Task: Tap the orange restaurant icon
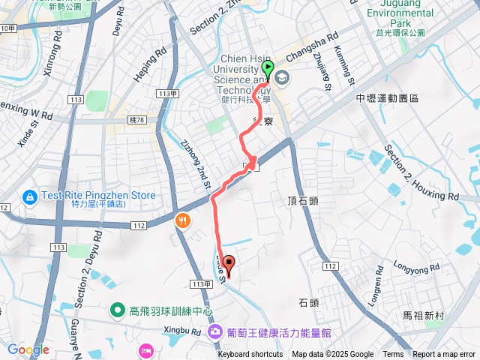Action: (x=183, y=220)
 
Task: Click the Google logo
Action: (x=28, y=349)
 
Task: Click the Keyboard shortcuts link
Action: (x=250, y=355)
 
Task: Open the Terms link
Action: (x=393, y=355)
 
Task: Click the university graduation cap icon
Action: (x=283, y=76)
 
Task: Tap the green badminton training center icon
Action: (x=118, y=310)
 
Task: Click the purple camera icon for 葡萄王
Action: (x=214, y=331)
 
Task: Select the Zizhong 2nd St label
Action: (x=194, y=159)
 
